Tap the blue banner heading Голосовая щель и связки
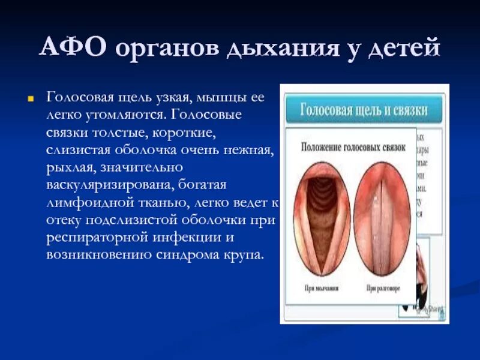(364, 110)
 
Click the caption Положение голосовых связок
(353, 146)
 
